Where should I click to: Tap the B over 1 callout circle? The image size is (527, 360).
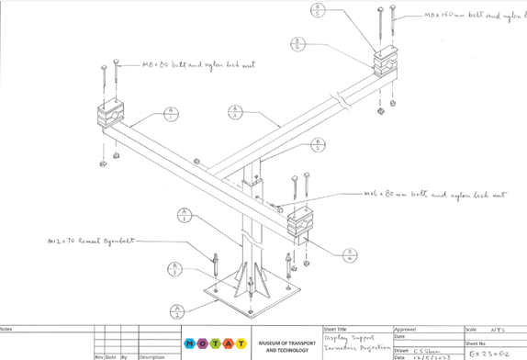coord(171,114)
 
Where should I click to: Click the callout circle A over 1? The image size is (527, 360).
coord(185,218)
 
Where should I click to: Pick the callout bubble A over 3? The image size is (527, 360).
coord(176,271)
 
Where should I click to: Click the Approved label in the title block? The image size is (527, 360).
coord(406,329)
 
